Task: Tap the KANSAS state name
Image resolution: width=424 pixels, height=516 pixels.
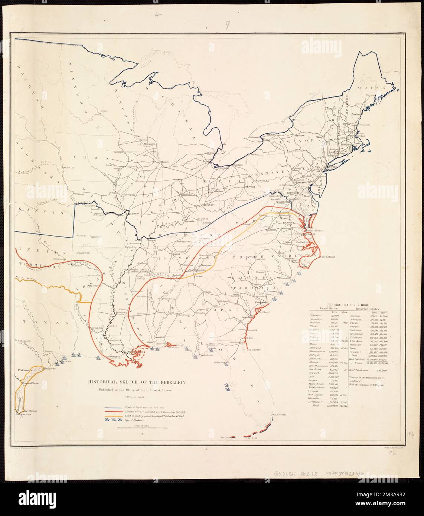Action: coord(35,212)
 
